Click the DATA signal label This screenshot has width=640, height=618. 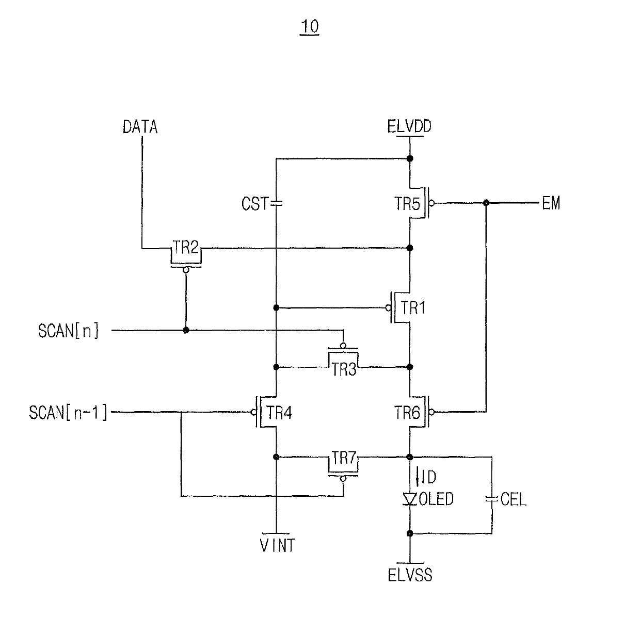pyautogui.click(x=140, y=126)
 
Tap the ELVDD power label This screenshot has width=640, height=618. pyautogui.click(x=409, y=126)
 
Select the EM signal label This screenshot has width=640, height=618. pyautogui.click(x=551, y=203)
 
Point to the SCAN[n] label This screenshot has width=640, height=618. pyautogui.click(x=69, y=330)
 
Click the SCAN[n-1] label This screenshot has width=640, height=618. pyautogui.click(x=68, y=412)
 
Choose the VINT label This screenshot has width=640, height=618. pyautogui.click(x=278, y=545)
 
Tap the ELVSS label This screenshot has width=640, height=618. pyautogui.click(x=410, y=575)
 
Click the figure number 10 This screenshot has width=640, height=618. pyautogui.click(x=310, y=26)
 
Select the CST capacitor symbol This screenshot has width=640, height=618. pyautogui.click(x=276, y=203)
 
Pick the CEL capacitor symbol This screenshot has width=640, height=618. pyautogui.click(x=492, y=499)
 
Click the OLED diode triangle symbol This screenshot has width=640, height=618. pyautogui.click(x=410, y=499)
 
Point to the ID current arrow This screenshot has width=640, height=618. pyautogui.click(x=418, y=476)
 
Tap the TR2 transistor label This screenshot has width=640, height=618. pyautogui.click(x=185, y=247)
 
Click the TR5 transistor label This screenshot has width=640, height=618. pyautogui.click(x=407, y=203)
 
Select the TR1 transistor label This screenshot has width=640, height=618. pyautogui.click(x=413, y=308)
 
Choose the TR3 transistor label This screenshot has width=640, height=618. pyautogui.click(x=344, y=369)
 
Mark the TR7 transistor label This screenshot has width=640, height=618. pyautogui.click(x=344, y=458)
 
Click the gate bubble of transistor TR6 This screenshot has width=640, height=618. pyautogui.click(x=431, y=412)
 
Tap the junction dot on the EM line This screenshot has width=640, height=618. pyautogui.click(x=486, y=203)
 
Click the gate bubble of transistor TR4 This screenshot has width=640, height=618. pyautogui.click(x=253, y=412)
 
